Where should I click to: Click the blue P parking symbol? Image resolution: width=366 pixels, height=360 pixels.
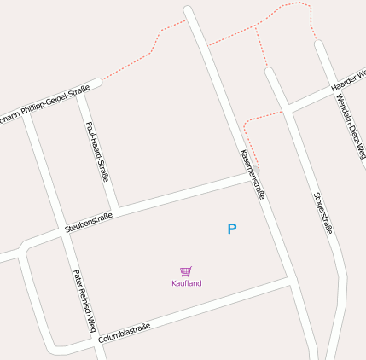[231, 229]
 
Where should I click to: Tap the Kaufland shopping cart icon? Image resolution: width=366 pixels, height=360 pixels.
[186, 271]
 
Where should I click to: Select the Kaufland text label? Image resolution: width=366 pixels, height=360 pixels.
[186, 283]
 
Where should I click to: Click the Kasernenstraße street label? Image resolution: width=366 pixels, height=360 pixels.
[253, 174]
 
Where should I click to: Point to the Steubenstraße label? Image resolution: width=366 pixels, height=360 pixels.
[89, 219]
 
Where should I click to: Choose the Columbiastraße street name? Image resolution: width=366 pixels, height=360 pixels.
[125, 333]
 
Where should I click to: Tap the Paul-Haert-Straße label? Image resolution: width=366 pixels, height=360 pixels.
[98, 152]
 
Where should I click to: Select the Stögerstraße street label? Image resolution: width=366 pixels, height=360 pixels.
[323, 212]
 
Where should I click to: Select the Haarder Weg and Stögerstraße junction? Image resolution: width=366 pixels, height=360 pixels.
[288, 108]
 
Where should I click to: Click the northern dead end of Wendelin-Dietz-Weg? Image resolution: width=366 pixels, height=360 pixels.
[320, 44]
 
